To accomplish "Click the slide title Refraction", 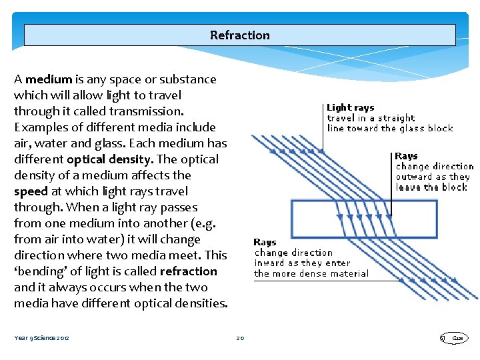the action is (240, 35).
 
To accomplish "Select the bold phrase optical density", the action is (109, 159).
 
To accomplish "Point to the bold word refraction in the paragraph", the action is (189, 271).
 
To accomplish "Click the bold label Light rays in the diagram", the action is (350, 107).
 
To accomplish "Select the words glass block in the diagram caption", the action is (426, 128).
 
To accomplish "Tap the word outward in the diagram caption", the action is (415, 177).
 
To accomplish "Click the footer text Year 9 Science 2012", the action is (41, 338).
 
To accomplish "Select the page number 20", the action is (240, 338).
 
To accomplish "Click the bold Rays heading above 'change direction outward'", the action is (407, 156).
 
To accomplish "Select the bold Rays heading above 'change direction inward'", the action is (265, 243).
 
